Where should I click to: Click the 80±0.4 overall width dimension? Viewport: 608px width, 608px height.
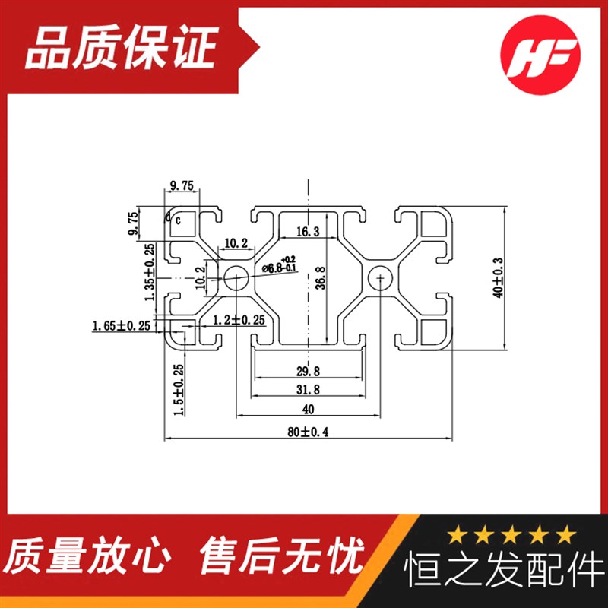(308, 432)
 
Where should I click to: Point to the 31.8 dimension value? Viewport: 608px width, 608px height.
(308, 390)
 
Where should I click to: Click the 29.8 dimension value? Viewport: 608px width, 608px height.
(308, 370)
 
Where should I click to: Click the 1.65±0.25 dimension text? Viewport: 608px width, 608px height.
(122, 326)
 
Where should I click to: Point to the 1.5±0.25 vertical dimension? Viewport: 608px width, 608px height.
(179, 390)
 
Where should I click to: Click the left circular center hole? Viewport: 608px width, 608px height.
(236, 278)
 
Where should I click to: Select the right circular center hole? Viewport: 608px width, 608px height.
(379, 279)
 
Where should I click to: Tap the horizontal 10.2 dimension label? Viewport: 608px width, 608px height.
(236, 244)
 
